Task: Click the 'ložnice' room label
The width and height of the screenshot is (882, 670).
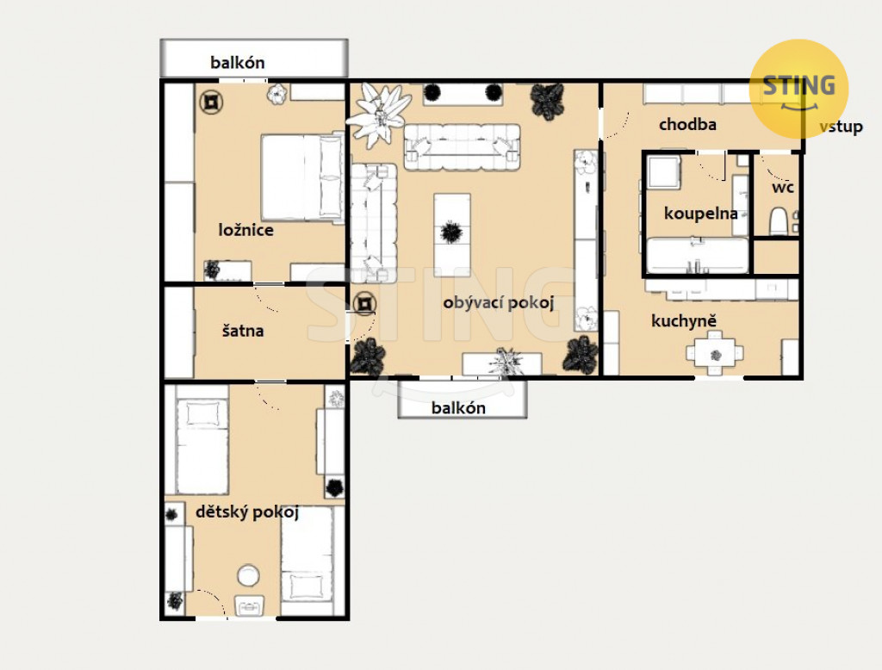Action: coord(245,230)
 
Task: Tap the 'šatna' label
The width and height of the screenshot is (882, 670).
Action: coord(242,330)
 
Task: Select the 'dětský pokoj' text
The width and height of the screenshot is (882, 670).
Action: coord(247,512)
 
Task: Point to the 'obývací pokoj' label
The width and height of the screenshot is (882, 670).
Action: coord(499,302)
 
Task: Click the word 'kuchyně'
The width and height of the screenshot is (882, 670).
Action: coord(684,320)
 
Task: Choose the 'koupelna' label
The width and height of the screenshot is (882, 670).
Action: coord(701,214)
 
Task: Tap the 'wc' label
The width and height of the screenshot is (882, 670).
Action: coord(782,187)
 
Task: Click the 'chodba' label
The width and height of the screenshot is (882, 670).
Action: coord(687,124)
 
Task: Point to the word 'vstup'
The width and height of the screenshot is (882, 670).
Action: coord(841,127)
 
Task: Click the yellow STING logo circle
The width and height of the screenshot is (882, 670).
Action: coord(798,89)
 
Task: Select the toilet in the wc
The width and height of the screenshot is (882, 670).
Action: coord(778,221)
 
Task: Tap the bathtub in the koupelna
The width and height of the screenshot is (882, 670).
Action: coord(698,256)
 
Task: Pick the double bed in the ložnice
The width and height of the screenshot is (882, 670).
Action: coord(302,177)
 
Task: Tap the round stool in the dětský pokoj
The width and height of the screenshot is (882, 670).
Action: coord(248,575)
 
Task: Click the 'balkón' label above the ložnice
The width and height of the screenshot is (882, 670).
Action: coord(238,63)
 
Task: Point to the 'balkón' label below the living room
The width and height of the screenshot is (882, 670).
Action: coord(458,408)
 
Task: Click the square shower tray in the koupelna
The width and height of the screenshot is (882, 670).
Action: coord(664,171)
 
